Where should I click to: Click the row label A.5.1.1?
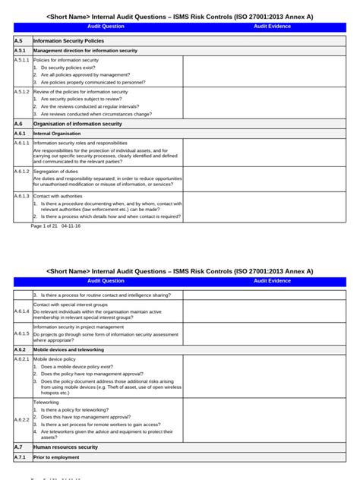coord(22,59)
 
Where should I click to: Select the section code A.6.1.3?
coord(22,195)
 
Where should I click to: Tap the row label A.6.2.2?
coord(22,418)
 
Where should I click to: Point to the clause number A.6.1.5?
coord(22,333)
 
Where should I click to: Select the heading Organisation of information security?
coord(77,123)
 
